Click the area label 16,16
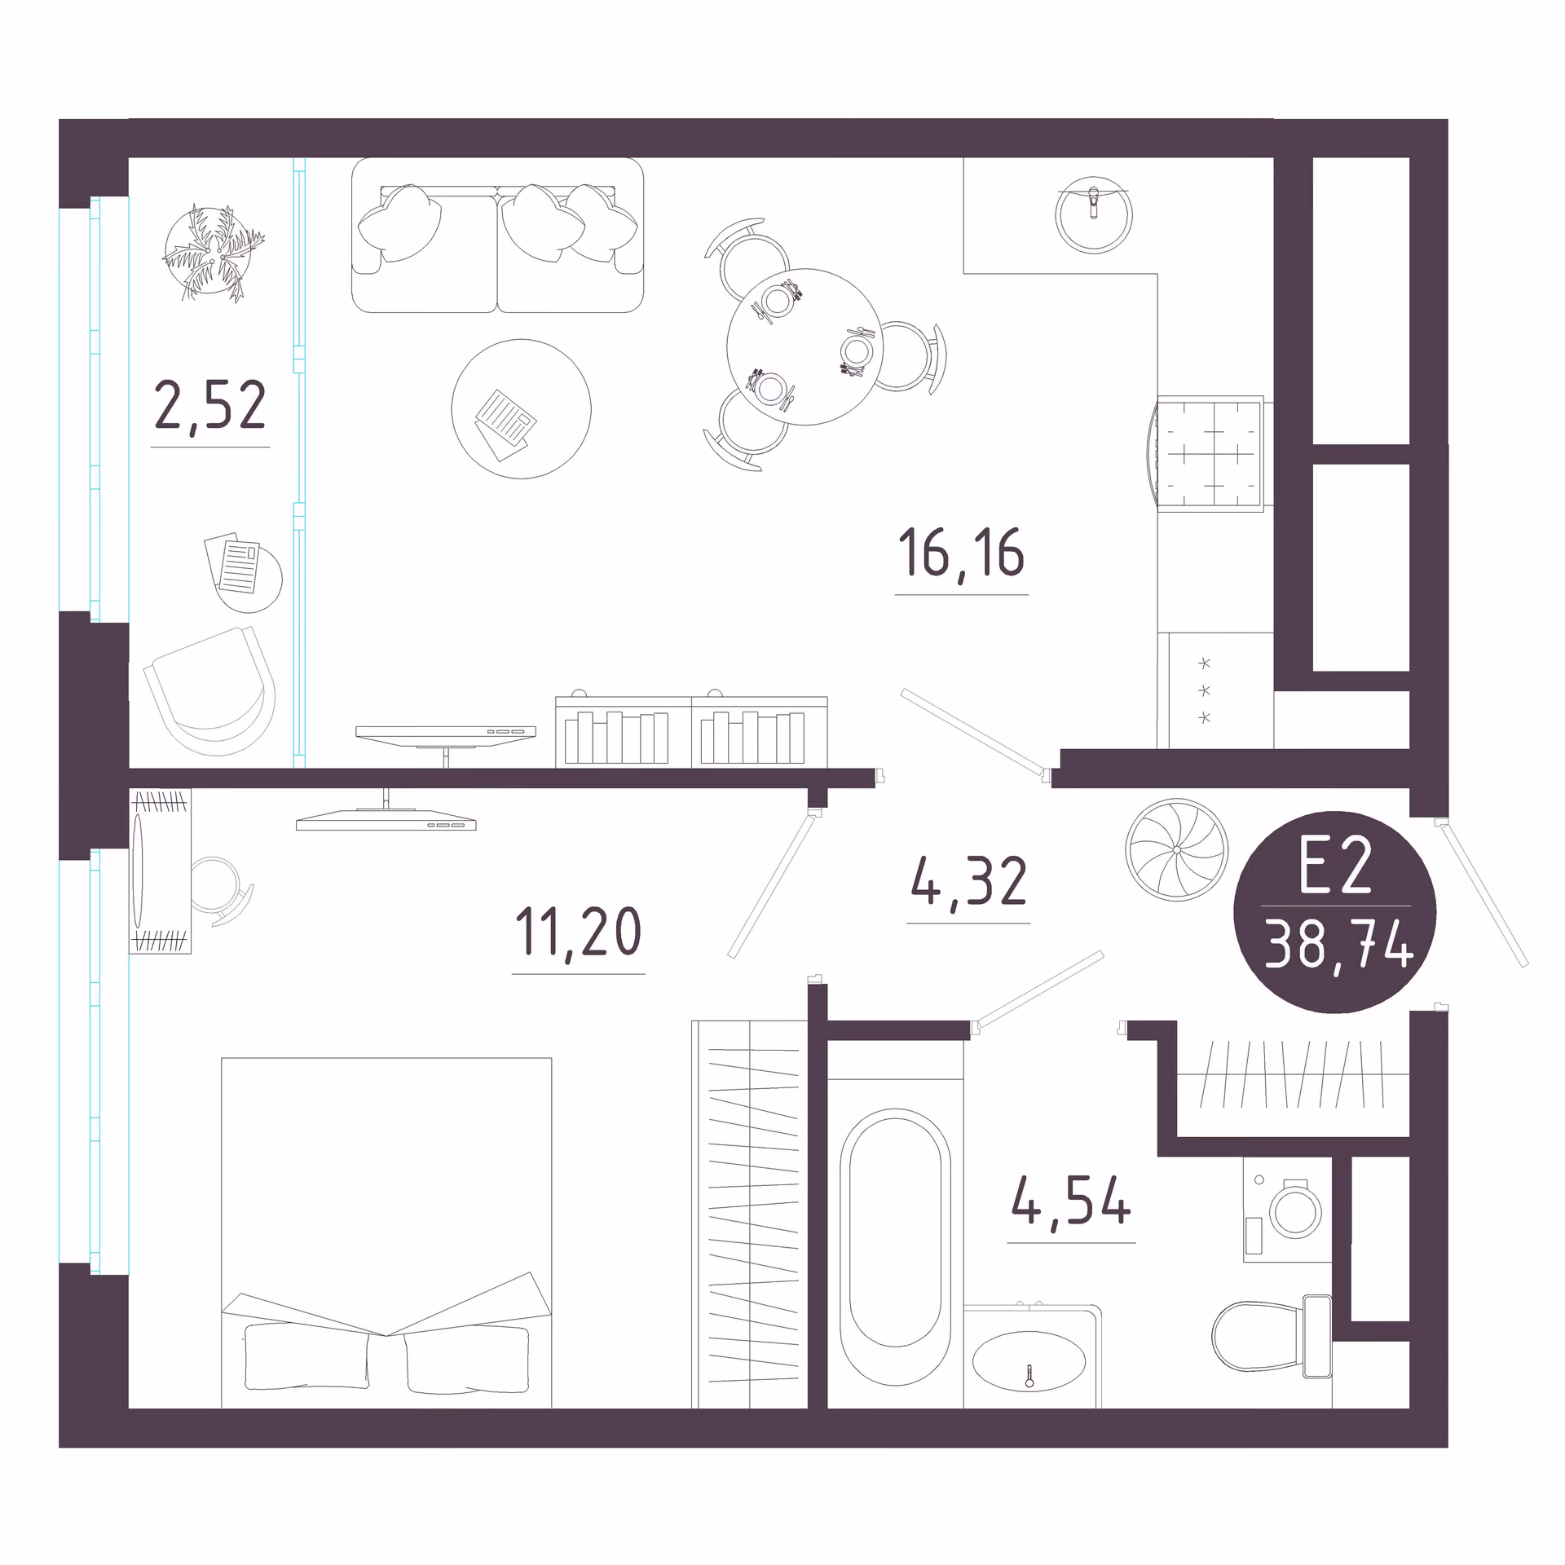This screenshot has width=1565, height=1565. click(961, 553)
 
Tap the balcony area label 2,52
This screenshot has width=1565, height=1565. click(210, 405)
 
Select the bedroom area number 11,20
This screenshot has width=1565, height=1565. click(579, 932)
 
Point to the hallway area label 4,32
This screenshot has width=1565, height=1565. click(968, 882)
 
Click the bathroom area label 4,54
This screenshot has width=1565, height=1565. click(1071, 1201)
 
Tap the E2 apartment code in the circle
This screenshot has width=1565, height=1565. click(1336, 866)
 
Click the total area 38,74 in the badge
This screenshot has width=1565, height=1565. click(1338, 944)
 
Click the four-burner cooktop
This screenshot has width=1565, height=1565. click(1210, 454)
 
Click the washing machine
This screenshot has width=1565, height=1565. click(1287, 1210)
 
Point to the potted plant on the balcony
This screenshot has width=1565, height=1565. click(212, 253)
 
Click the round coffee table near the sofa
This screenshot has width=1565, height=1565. click(522, 408)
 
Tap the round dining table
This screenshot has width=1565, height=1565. click(805, 346)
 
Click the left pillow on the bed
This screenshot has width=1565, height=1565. click(306, 1357)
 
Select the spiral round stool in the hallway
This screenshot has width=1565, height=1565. click(1176, 849)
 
